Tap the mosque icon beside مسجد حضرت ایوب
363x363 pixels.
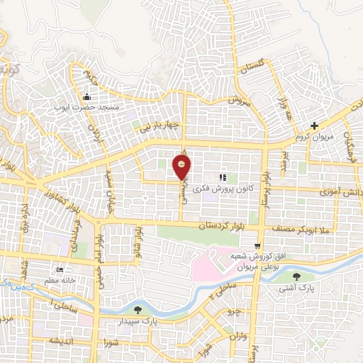pyautogui.click(x=86, y=97)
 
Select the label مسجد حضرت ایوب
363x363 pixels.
pyautogui.click(x=86, y=107)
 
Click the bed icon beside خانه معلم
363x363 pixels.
pyautogui.click(x=60, y=270)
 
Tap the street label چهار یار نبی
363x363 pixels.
pyautogui.click(x=164, y=126)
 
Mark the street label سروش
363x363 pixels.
pyautogui.click(x=240, y=101)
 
